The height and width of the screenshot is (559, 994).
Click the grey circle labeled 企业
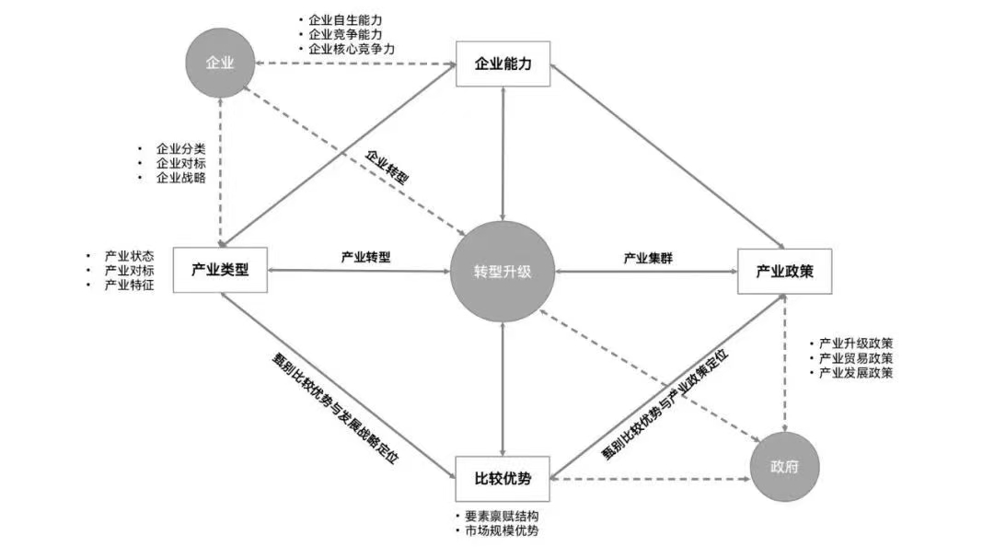coord(218,64)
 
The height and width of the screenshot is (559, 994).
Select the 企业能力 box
coord(503,64)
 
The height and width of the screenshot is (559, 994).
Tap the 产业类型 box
coord(220,271)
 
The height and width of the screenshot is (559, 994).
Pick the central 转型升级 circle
coord(503,272)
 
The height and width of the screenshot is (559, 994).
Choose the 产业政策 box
coord(783,271)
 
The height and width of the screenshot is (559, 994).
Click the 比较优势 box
coord(503,477)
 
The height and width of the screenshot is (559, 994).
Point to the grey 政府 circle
coord(784,467)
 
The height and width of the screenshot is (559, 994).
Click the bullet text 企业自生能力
coord(345,19)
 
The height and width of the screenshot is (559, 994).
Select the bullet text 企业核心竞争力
coord(352,49)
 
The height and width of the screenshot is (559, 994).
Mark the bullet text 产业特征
coord(129,285)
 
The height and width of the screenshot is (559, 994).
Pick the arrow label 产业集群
coord(648,258)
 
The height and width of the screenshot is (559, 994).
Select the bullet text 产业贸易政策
coord(856,357)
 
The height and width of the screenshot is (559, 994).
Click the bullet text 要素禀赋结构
coord(502,517)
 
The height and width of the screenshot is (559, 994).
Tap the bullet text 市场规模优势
coord(502,531)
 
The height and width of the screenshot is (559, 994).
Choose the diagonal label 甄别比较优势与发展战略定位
coord(335,409)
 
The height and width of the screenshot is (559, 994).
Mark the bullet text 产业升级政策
coord(856,343)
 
